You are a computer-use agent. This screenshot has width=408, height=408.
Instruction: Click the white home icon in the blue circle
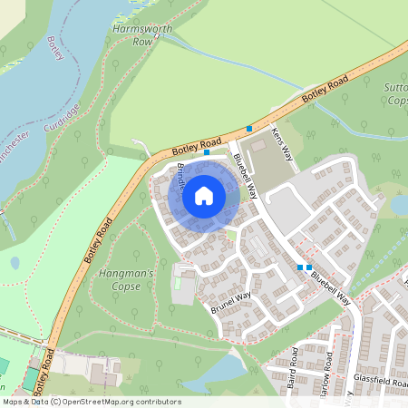tap(203, 195)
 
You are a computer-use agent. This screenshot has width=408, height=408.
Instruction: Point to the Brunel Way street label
tap(230, 301)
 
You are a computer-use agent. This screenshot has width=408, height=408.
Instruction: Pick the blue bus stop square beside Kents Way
tap(249, 130)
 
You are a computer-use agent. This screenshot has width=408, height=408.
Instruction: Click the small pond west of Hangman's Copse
tap(15, 263)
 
